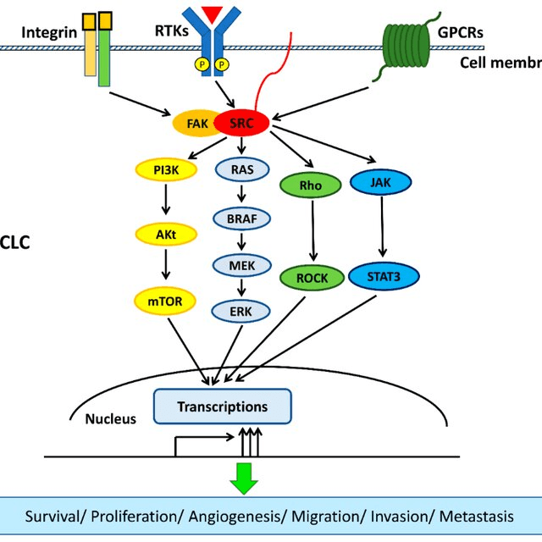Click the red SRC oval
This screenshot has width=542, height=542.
[x=241, y=124]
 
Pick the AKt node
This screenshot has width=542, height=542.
[x=164, y=233]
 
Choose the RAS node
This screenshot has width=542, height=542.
[x=241, y=169]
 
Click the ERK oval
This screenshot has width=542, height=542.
[x=241, y=312]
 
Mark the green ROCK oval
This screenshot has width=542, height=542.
[x=312, y=277]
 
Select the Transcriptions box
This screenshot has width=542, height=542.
[x=222, y=407]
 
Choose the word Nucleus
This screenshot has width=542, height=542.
[x=110, y=418]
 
